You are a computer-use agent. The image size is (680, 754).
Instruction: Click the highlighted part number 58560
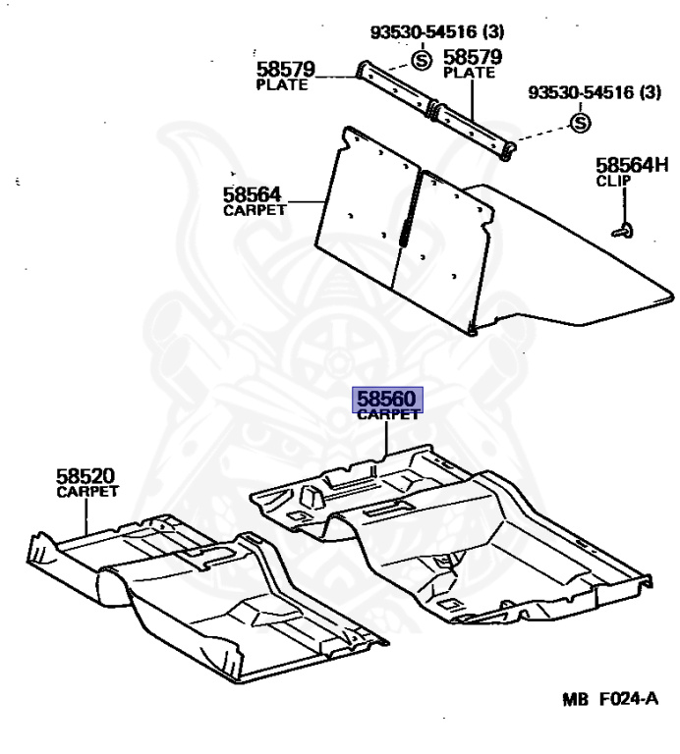point(389,399)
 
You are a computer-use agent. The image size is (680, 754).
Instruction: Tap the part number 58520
point(86,476)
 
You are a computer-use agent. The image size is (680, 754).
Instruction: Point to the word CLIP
point(614,182)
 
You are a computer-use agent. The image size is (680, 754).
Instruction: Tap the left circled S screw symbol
point(421,60)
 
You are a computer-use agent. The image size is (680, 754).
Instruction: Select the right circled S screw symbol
point(580,123)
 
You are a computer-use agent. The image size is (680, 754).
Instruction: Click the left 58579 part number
point(285,70)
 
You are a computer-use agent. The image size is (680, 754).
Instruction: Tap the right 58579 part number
point(473,57)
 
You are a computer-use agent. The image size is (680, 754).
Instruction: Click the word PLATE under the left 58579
point(282,85)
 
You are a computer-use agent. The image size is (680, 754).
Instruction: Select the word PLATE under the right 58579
point(470,74)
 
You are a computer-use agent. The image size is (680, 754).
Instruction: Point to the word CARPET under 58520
point(87,492)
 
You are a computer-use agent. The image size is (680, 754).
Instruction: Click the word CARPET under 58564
point(255,210)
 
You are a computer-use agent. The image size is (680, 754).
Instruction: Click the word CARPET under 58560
point(388,415)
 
